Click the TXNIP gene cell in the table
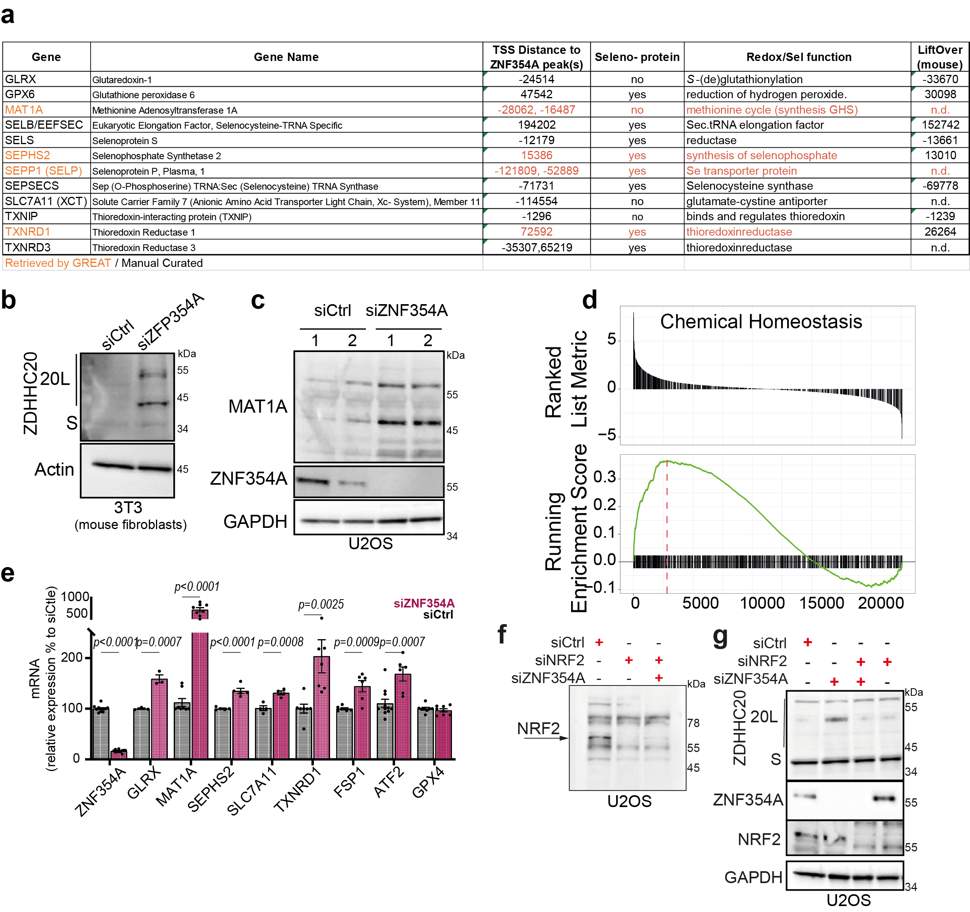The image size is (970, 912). tap(21, 216)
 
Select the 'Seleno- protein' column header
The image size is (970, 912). tap(637, 57)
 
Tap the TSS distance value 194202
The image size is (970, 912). tap(536, 125)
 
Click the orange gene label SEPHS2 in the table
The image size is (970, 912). tap(27, 155)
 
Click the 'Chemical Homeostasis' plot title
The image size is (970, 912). tap(761, 322)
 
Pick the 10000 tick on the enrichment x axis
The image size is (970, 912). tap(762, 604)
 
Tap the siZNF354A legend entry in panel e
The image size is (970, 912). tap(423, 604)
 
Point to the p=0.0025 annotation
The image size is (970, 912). tap(321, 604)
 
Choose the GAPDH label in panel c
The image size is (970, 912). tap(255, 522)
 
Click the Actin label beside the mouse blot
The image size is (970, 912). tap(54, 469)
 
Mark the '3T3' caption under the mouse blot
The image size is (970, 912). tap(128, 508)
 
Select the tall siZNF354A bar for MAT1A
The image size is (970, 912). tap(200, 693)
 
